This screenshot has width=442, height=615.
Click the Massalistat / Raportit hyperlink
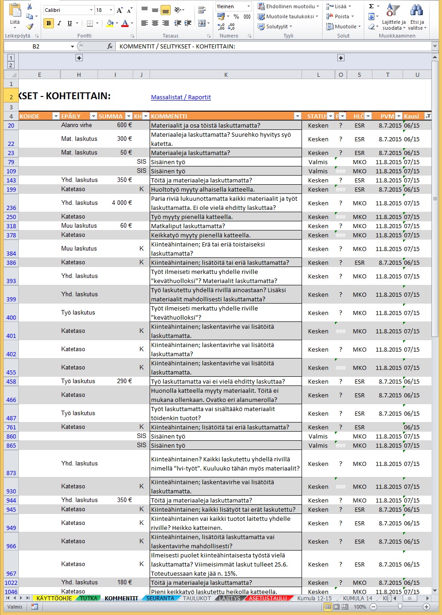(x=181, y=97)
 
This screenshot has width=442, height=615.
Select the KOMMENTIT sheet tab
(x=121, y=598)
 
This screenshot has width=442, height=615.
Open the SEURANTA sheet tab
(x=160, y=598)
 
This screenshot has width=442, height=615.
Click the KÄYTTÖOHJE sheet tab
(x=54, y=598)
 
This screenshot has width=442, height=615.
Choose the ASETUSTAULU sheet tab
(x=268, y=598)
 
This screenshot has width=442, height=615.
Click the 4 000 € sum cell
(x=122, y=203)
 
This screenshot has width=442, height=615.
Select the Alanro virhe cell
(x=76, y=125)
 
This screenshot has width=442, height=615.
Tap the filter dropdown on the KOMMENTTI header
(x=297, y=116)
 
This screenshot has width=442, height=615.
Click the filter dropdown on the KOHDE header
(x=56, y=116)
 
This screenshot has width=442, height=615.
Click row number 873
(x=11, y=473)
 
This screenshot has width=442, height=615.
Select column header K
(x=226, y=75)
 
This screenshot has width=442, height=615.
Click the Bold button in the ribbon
(x=49, y=23)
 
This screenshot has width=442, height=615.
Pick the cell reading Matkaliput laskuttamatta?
(x=188, y=226)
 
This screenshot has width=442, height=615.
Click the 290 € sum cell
(x=124, y=381)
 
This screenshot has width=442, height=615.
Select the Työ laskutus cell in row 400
(x=78, y=313)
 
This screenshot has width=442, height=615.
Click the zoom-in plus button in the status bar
(x=426, y=607)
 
